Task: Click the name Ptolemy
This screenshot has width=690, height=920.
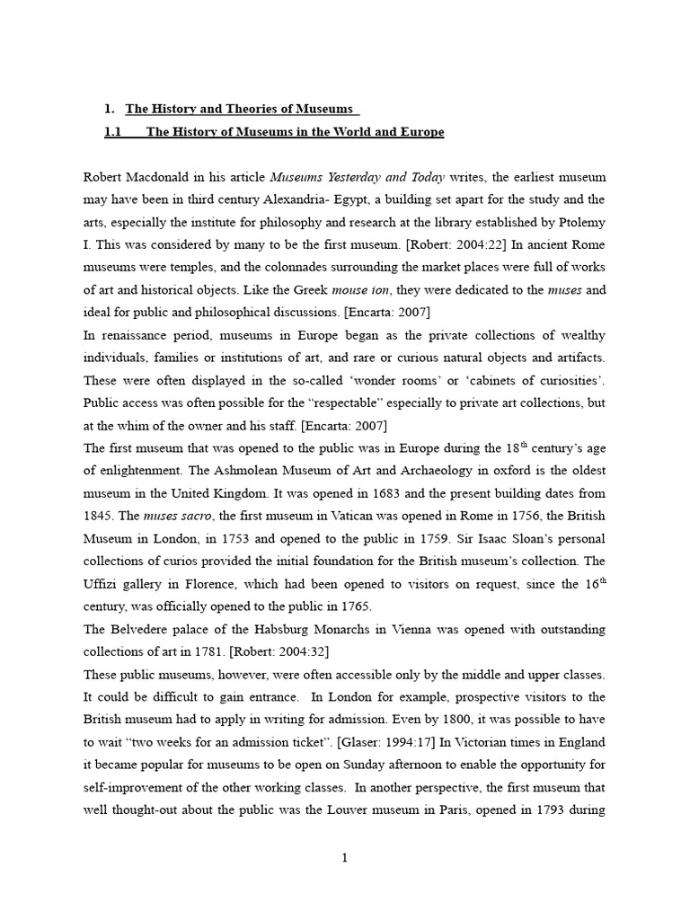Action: (582, 222)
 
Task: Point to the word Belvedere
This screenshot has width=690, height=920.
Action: (141, 629)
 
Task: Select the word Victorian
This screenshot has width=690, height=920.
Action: (484, 742)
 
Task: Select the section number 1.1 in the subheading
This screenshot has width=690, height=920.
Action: (113, 132)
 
